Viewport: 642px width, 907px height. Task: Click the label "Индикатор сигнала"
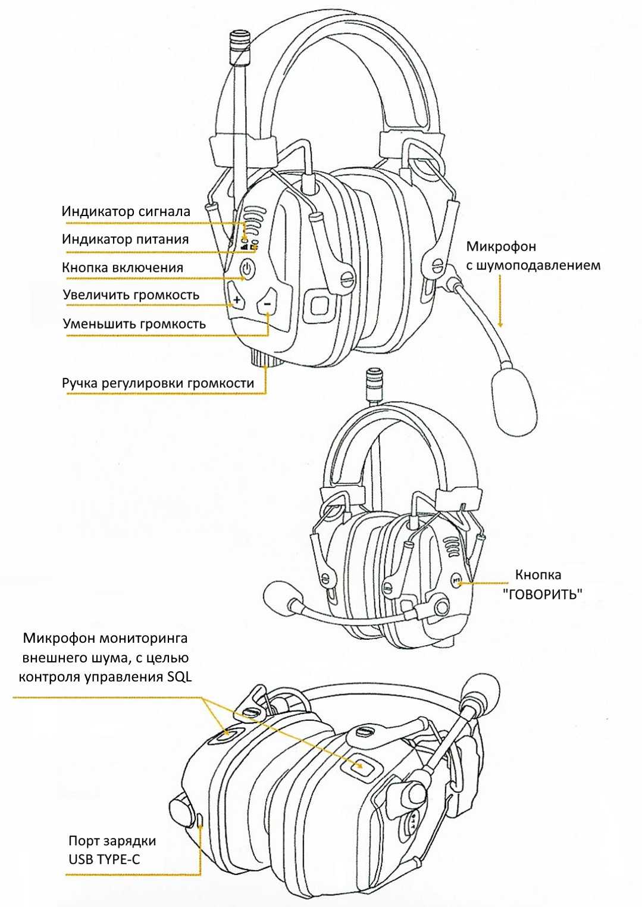126,211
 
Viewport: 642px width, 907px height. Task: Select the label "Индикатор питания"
125,239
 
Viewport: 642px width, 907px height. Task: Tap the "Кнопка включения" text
123,268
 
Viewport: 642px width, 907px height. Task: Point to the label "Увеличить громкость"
131,295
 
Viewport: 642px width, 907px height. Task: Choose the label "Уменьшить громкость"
134,324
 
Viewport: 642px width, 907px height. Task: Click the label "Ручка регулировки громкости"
158,383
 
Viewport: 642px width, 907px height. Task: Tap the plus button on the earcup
237,301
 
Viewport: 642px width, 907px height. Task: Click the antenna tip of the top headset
240,40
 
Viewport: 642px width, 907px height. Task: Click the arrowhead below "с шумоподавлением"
500,324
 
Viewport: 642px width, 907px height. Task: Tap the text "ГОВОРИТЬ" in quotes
542,594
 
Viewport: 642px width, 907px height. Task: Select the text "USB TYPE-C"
104,859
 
